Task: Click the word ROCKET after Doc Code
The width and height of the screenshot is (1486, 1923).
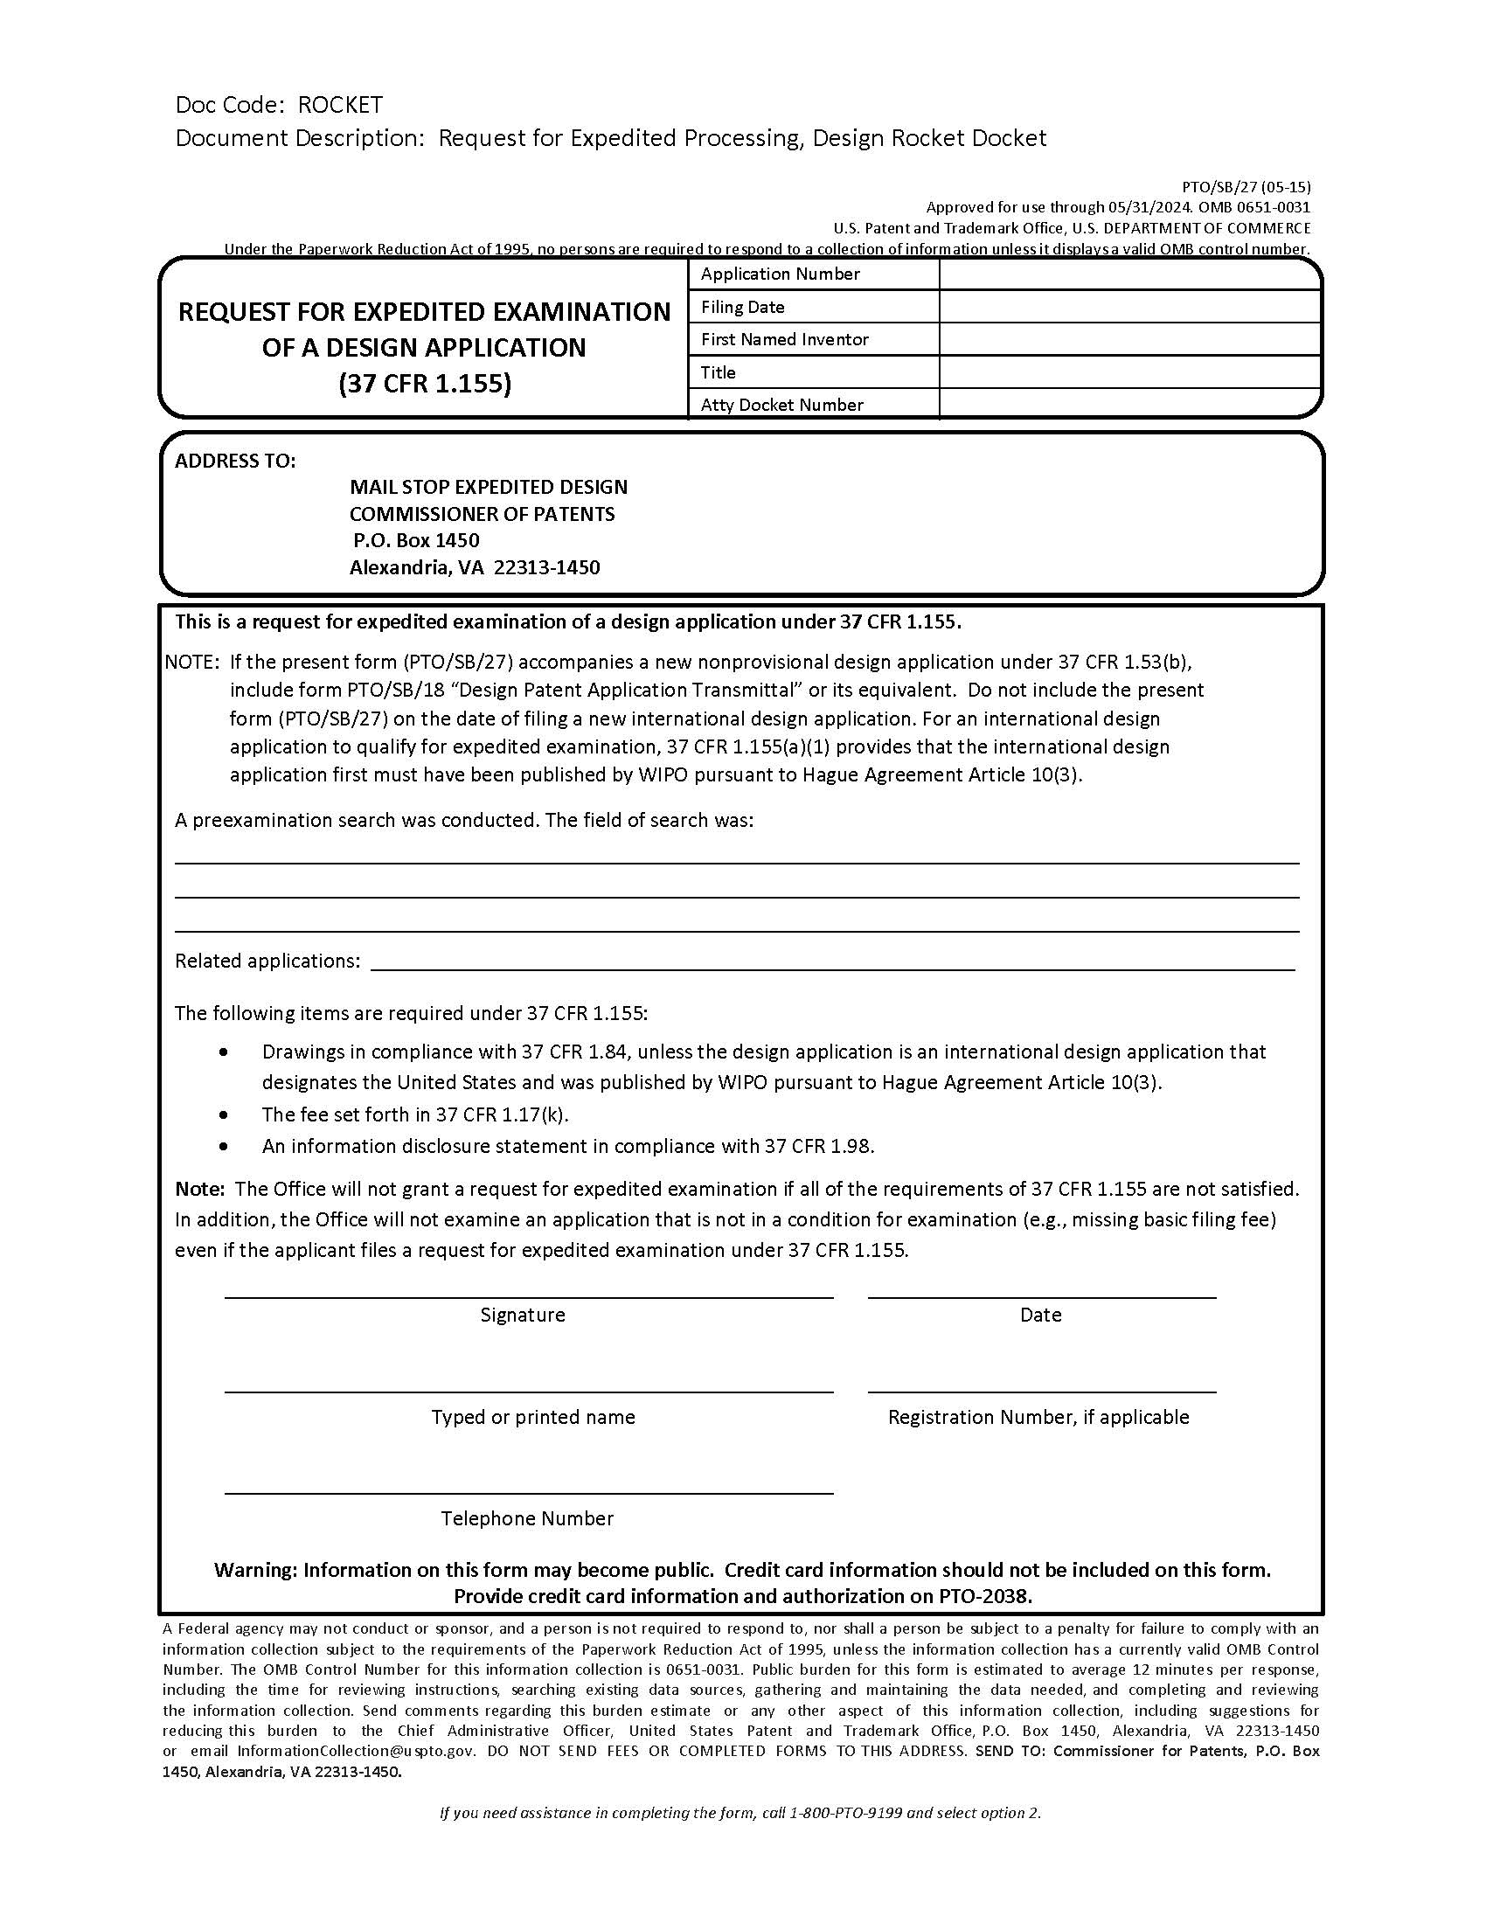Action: [340, 105]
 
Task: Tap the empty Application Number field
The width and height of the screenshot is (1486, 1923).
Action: [1129, 274]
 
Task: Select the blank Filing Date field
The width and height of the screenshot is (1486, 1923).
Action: [1129, 308]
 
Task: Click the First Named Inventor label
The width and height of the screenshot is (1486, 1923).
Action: [784, 340]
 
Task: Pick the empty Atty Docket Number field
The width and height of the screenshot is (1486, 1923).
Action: [1129, 405]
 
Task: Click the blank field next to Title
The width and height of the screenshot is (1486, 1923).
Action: [1129, 372]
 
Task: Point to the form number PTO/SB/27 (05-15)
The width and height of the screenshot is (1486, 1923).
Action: [1246, 187]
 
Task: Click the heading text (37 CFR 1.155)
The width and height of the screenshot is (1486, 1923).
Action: [424, 384]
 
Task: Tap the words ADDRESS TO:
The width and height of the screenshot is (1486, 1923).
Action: [235, 462]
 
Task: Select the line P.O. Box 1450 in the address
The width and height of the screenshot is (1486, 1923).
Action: [415, 539]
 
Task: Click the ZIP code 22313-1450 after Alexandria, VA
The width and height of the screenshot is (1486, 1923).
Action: [546, 567]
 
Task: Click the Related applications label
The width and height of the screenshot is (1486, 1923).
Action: [267, 961]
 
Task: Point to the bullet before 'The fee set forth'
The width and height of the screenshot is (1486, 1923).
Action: [226, 1114]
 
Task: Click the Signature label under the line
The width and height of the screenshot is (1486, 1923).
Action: [522, 1315]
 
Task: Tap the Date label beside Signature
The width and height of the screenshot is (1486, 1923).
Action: [1040, 1315]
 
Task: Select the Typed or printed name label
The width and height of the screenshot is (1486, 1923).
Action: [532, 1417]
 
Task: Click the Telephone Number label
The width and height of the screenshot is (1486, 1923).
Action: [527, 1518]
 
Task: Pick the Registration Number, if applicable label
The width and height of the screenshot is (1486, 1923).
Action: [1038, 1417]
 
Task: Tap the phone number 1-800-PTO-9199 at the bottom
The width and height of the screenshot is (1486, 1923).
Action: [846, 1813]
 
